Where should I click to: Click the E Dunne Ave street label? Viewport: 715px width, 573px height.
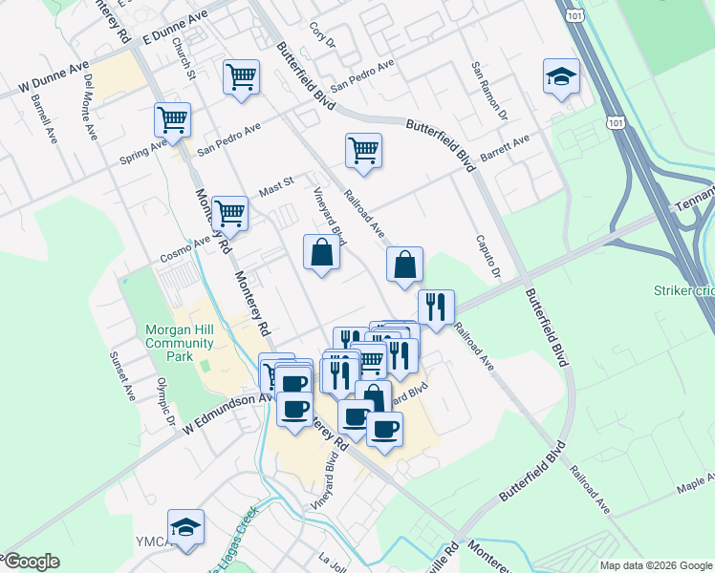(175, 29)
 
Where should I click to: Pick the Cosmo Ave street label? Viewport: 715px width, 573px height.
(184, 249)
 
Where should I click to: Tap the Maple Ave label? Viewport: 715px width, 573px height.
(695, 487)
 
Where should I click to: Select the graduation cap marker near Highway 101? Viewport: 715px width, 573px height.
(561, 76)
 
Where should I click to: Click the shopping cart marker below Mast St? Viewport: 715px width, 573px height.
(229, 213)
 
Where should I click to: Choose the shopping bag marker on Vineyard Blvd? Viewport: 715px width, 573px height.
(321, 253)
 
